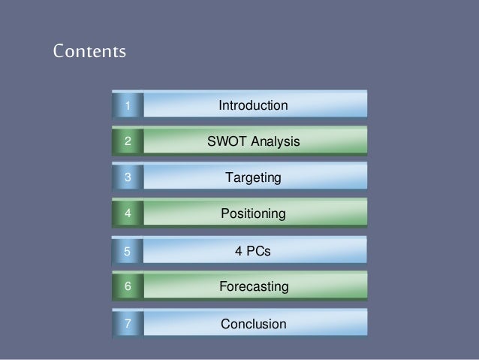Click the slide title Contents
[x=89, y=53]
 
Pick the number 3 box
[x=128, y=178]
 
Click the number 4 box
[x=128, y=214]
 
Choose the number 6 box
[x=128, y=287]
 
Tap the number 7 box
[x=128, y=325]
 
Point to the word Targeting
[x=253, y=178]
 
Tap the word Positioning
[x=253, y=214]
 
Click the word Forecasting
[x=253, y=287]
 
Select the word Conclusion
[x=253, y=325]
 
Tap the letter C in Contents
[x=59, y=53]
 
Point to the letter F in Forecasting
[x=222, y=287]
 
